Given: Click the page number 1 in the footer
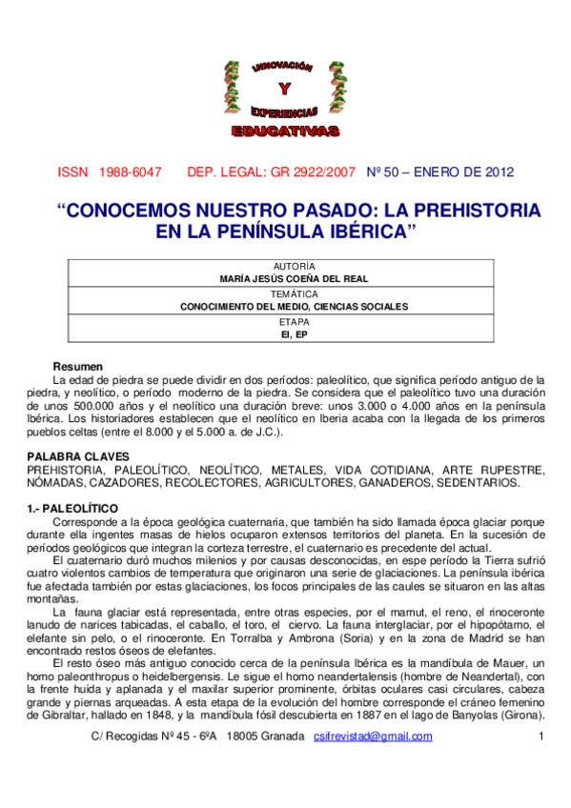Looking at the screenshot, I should point(541,737).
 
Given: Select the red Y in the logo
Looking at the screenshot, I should point(283,90).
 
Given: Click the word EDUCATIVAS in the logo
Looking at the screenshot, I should point(283,129).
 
